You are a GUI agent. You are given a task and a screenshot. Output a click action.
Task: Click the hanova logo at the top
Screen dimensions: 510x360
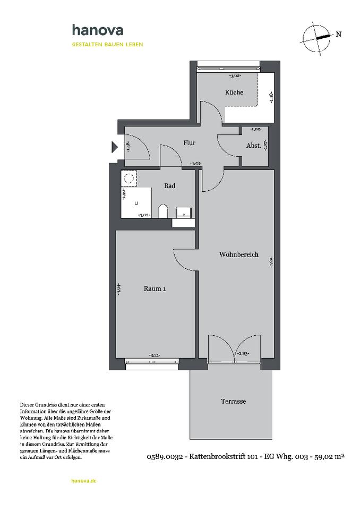[x=98, y=31]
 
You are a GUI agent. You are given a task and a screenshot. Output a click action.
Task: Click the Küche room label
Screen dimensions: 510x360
[x=234, y=92]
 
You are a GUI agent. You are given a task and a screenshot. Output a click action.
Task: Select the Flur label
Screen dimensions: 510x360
[x=190, y=143]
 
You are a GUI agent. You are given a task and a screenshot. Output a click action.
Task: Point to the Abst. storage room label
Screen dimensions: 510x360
[x=253, y=146]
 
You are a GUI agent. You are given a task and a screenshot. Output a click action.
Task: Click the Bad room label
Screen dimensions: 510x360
[x=169, y=186]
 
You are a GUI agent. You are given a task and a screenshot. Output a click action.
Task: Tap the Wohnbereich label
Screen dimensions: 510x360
[x=238, y=254]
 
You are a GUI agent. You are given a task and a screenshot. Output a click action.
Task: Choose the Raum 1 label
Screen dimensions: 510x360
[x=155, y=289]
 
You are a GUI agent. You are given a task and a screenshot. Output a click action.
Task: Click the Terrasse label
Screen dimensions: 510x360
[x=233, y=401]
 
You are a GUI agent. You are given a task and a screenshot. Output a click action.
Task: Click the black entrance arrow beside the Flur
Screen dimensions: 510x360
[x=114, y=147]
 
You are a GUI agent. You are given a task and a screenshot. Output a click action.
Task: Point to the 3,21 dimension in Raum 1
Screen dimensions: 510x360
[x=155, y=355]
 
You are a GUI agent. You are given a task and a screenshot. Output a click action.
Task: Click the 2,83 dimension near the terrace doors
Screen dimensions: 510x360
[x=243, y=353]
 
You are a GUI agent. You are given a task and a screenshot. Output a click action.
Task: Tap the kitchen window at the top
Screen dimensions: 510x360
[x=228, y=66]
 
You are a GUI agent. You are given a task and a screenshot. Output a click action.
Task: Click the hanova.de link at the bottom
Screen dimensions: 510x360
[x=83, y=480]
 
